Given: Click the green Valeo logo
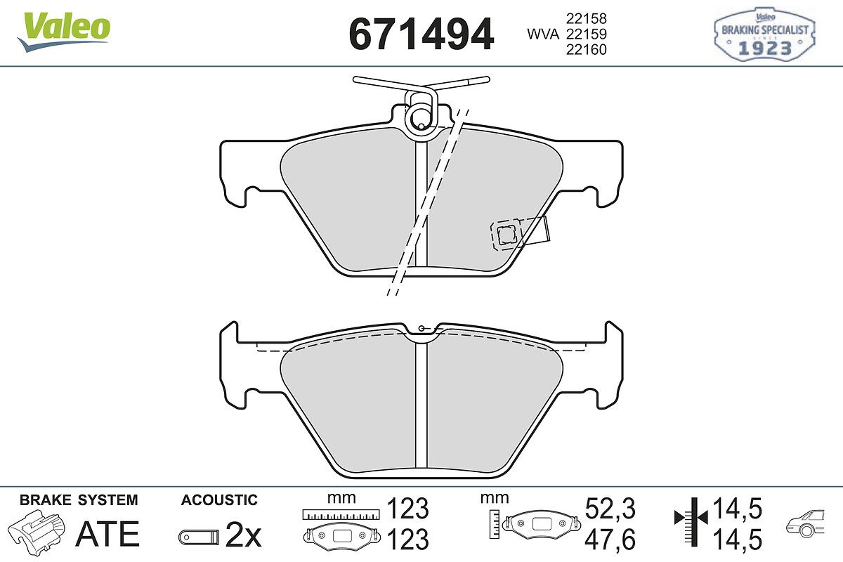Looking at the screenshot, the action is pyautogui.click(x=64, y=31).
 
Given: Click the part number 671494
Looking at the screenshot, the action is pyautogui.click(x=421, y=34).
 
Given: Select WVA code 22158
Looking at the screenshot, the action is pyautogui.click(x=587, y=18).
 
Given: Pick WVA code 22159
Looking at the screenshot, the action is pyautogui.click(x=587, y=34).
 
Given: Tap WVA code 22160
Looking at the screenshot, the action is pyautogui.click(x=587, y=49).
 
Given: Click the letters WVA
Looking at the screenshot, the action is pyautogui.click(x=542, y=34).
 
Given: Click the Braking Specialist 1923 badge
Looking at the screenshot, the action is pyautogui.click(x=764, y=34).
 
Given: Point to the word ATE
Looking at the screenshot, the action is pyautogui.click(x=107, y=534).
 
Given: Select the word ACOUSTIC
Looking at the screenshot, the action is pyautogui.click(x=219, y=500).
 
